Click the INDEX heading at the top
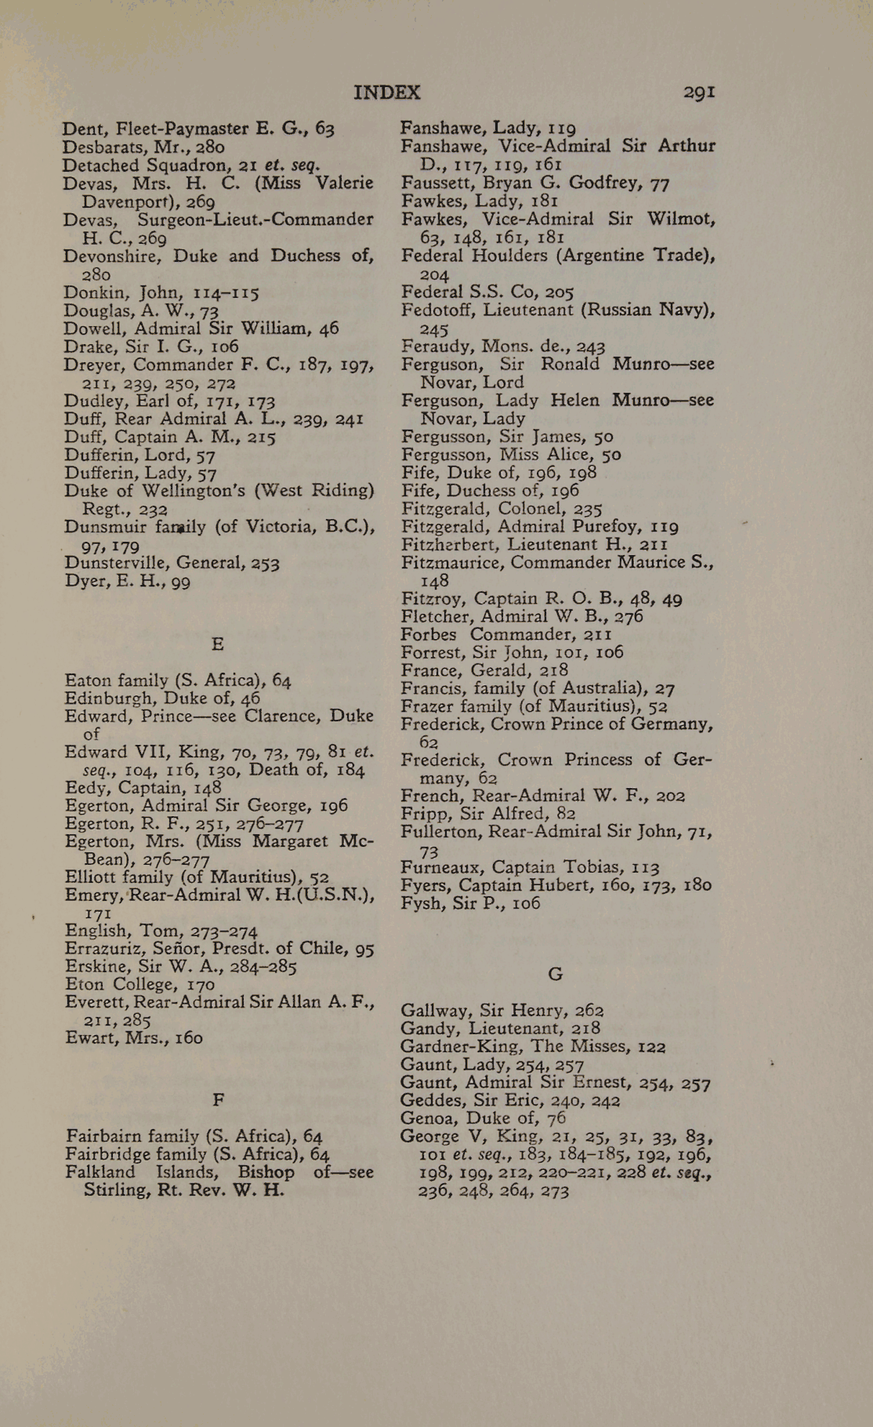(386, 93)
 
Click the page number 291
(698, 93)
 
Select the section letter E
(218, 645)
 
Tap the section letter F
(219, 1100)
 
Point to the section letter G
(555, 975)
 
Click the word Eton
(84, 985)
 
